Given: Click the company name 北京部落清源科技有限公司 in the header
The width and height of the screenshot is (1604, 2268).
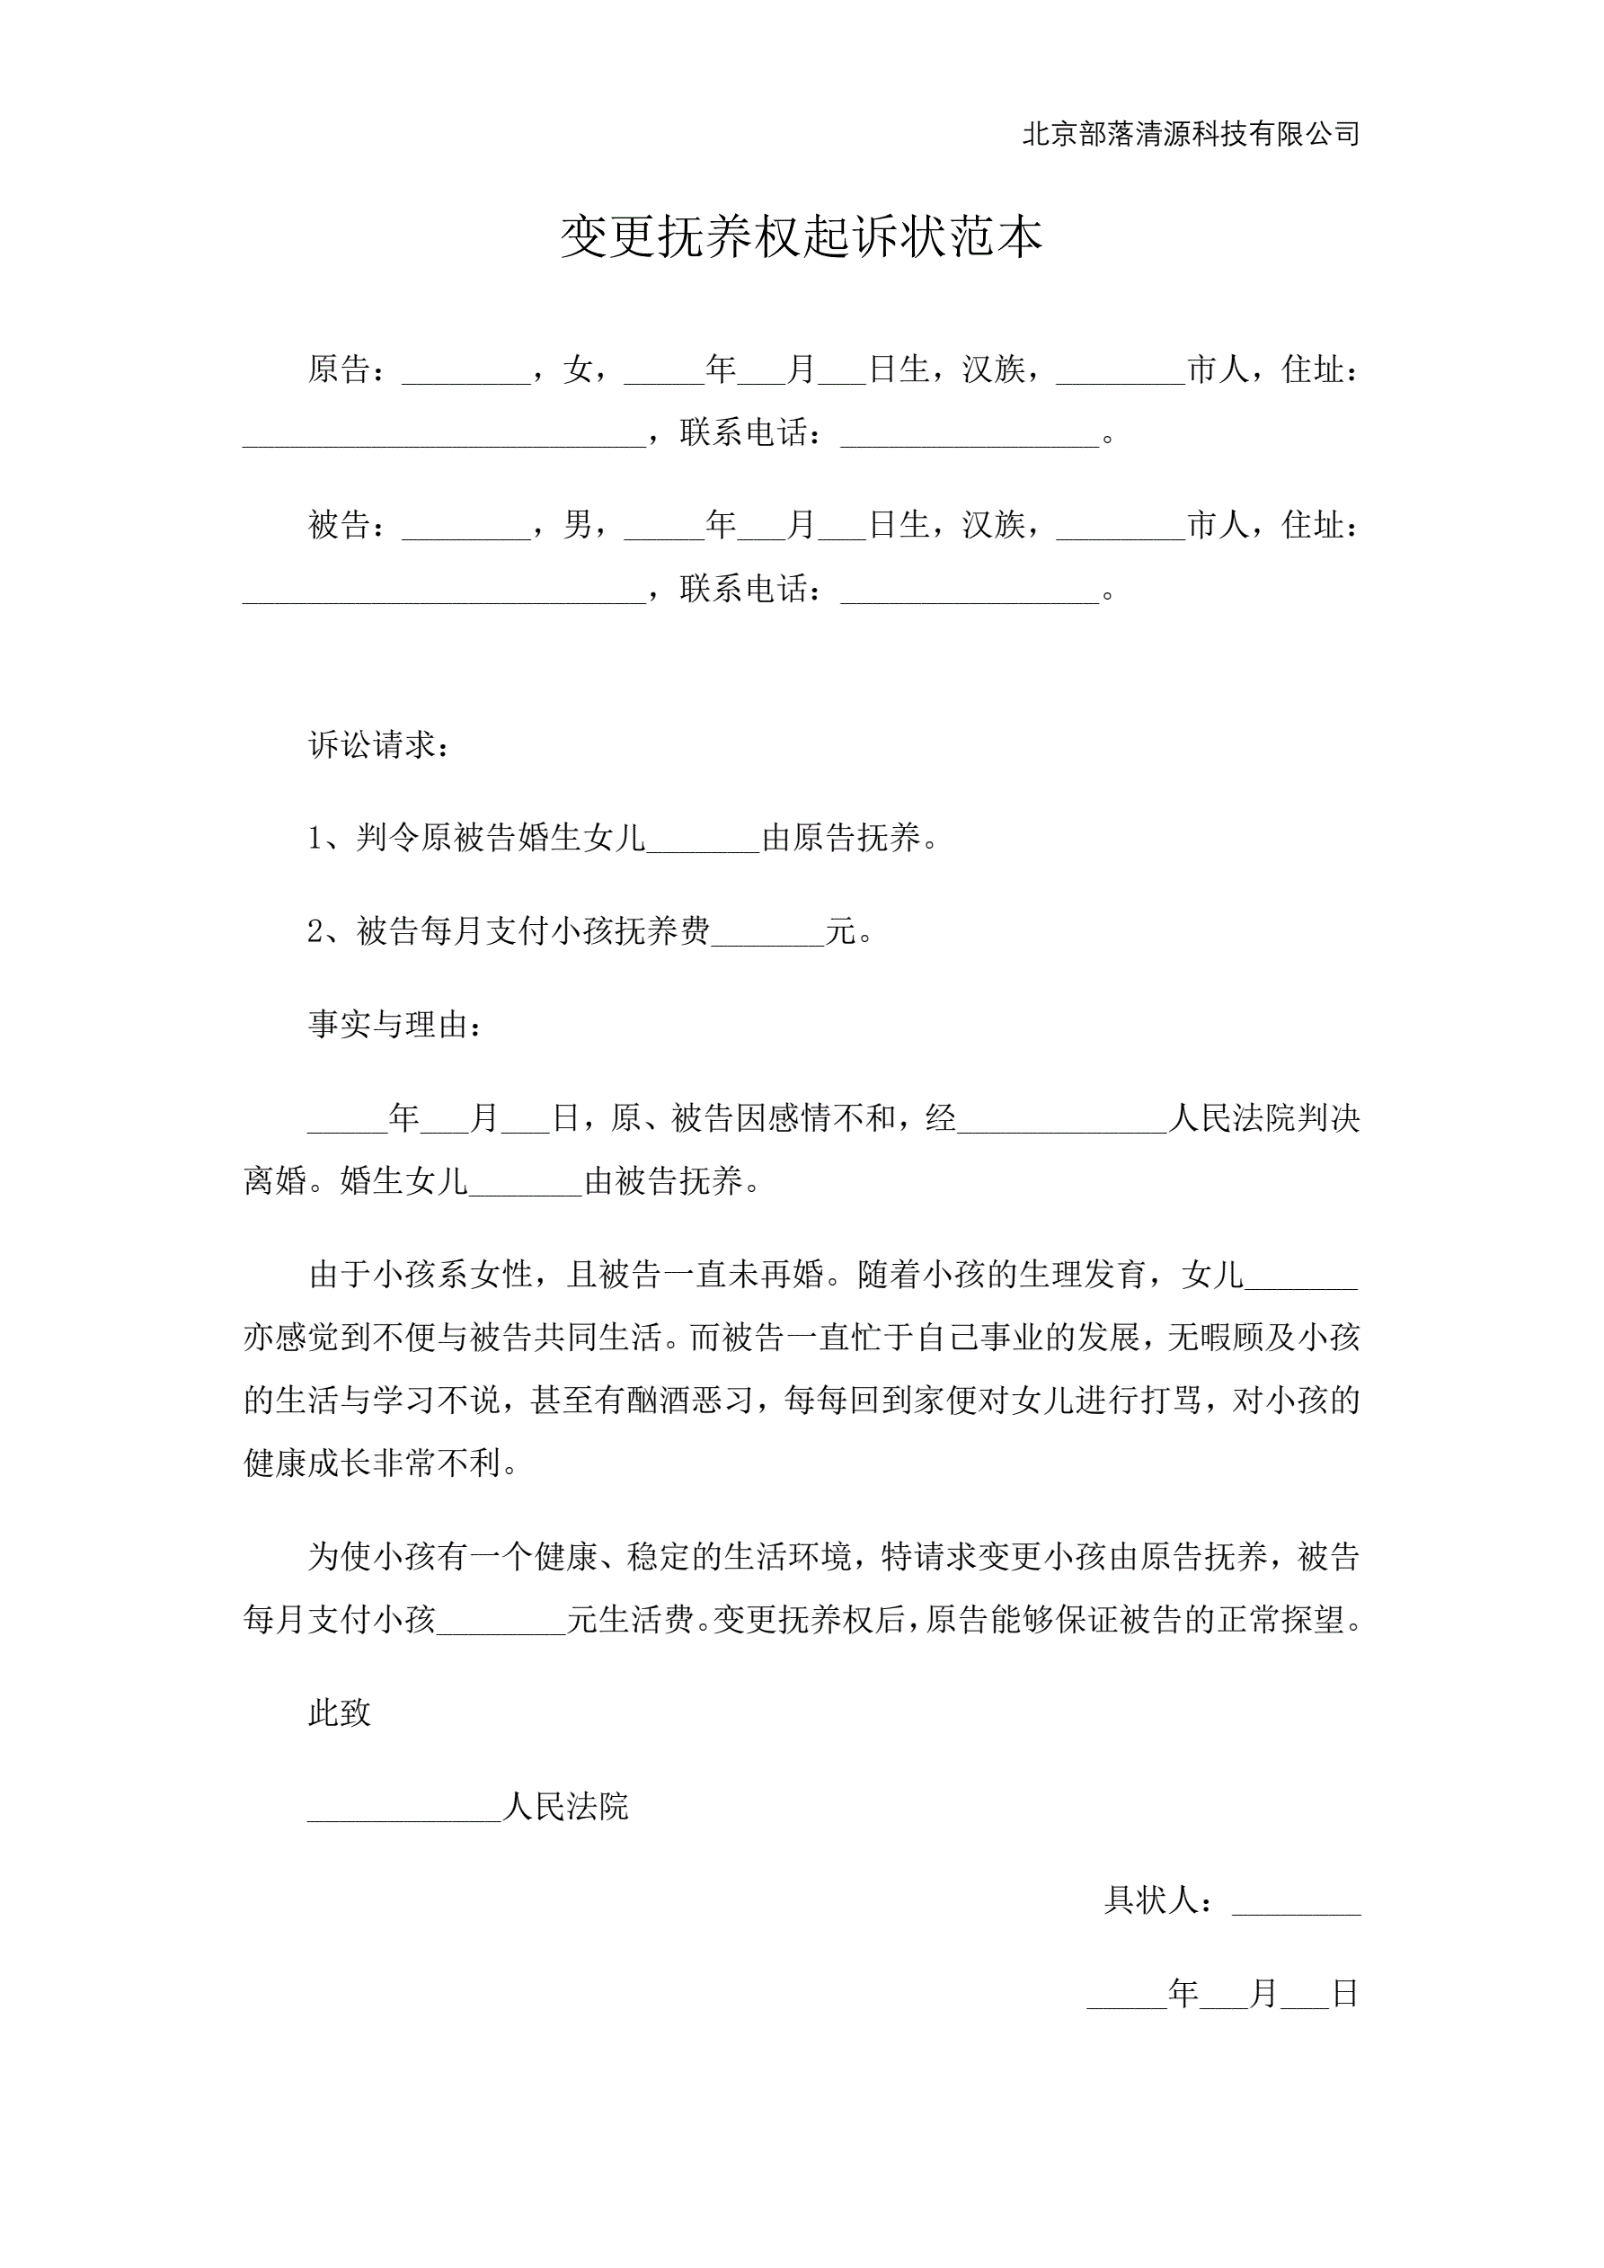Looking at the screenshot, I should click(x=1190, y=133).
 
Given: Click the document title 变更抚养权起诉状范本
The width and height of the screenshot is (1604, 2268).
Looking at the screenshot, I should click(x=801, y=237).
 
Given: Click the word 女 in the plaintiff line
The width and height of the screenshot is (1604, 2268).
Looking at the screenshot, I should click(x=578, y=369).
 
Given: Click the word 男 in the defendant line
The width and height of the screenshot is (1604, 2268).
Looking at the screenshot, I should click(x=578, y=524).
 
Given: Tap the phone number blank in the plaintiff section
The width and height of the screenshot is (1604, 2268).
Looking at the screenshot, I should click(x=969, y=437).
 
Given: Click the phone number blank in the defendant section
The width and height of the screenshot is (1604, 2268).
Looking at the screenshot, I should click(x=969, y=592).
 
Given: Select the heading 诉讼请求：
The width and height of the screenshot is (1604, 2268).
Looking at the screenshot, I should click(x=380, y=745).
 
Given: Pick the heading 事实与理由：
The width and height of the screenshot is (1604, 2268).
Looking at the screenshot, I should click(x=396, y=1025).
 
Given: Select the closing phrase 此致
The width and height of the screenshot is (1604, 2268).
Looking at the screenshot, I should click(x=340, y=1712).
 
